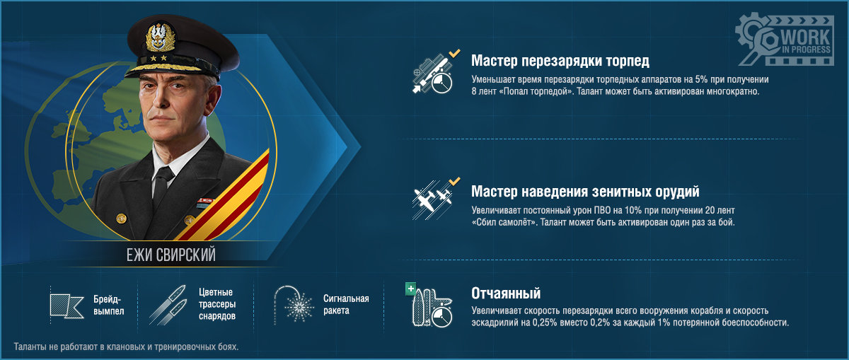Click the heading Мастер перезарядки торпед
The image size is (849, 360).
point(560,61)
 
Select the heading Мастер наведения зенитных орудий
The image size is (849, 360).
point(585,192)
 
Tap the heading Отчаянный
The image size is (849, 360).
point(506,294)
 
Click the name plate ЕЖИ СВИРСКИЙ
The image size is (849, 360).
point(171,255)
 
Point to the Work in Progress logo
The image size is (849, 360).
point(785,40)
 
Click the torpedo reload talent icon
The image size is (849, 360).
point(434,73)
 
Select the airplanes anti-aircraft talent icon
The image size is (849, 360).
point(434,199)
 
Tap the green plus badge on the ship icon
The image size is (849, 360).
point(410,289)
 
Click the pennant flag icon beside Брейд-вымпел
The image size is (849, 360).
point(67,306)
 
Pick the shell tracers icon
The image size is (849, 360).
point(168,305)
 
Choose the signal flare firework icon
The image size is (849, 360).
point(294,306)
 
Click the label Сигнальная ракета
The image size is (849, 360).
point(346,304)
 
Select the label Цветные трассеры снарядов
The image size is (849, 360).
point(217,304)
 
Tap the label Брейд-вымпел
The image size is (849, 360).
point(109,305)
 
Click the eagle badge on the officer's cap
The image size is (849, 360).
point(161,37)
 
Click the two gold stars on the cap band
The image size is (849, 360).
point(158,59)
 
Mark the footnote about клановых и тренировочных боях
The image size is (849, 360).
point(126,347)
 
